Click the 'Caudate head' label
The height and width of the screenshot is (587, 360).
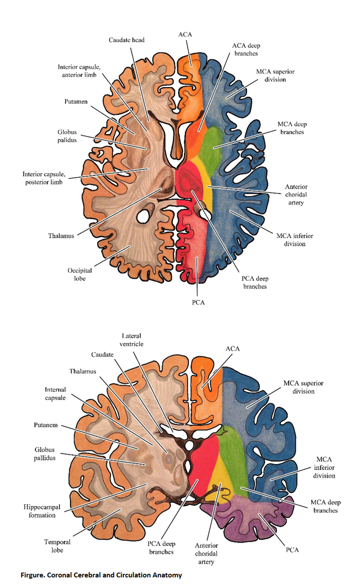(127, 40)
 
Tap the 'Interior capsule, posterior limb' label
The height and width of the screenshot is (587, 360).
(43, 178)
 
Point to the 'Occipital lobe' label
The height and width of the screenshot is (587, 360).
(79, 275)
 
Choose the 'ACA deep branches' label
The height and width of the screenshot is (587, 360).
(246, 50)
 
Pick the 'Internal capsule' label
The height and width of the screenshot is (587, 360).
(55, 394)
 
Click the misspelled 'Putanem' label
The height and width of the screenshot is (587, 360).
(45, 425)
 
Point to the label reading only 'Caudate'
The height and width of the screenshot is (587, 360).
(102, 354)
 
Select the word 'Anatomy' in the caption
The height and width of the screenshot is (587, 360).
(169, 575)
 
